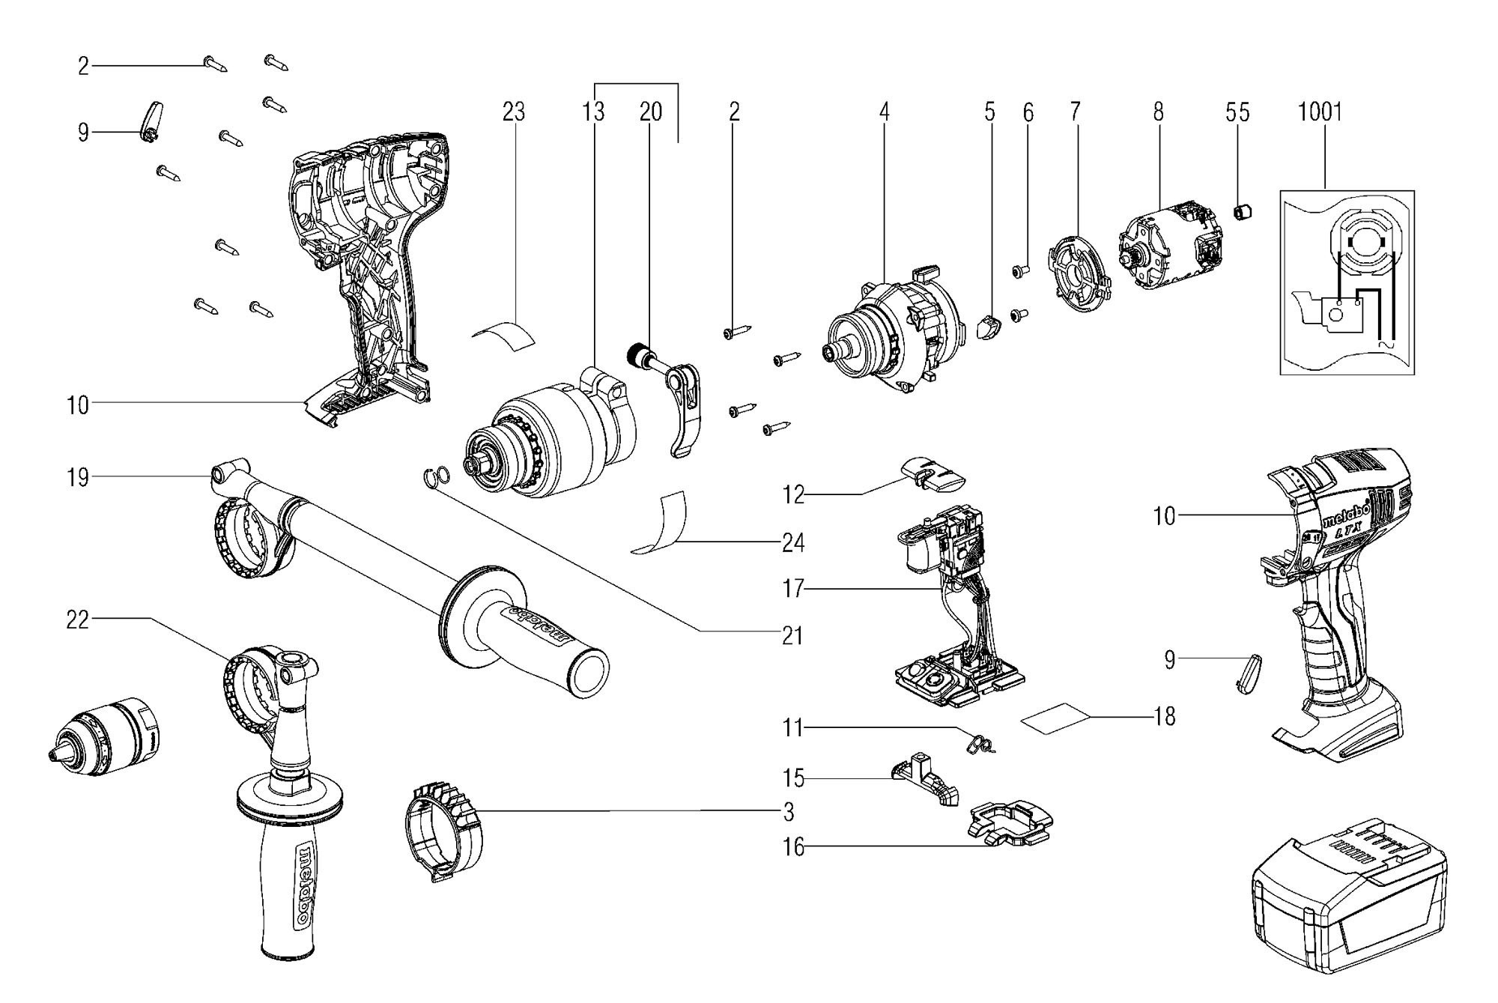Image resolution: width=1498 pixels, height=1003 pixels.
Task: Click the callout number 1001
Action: [1320, 112]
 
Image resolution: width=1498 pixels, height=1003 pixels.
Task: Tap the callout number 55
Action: [1237, 112]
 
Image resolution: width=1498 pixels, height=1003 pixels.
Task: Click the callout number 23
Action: [514, 112]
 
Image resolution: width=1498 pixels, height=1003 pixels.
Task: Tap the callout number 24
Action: [793, 542]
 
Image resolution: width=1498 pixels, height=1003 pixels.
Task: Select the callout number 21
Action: [792, 636]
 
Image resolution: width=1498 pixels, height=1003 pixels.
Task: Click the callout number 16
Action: [793, 847]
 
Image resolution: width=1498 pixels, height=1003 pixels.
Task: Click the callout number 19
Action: [77, 477]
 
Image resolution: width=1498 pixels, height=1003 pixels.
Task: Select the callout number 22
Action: [77, 619]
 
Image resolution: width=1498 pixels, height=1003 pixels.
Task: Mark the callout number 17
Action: [793, 590]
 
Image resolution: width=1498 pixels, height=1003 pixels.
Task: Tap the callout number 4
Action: [885, 112]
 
